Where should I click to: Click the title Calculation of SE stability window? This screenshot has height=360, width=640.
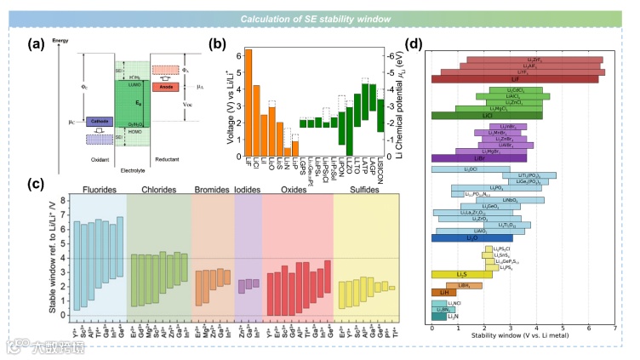[319, 19]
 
